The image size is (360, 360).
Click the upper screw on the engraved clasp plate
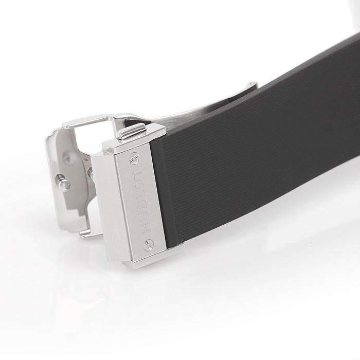click(x=134, y=158)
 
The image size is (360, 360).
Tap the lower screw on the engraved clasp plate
click(x=149, y=245)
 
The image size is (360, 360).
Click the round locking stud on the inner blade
click(x=63, y=182)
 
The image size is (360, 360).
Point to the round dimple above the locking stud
click(x=66, y=157)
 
